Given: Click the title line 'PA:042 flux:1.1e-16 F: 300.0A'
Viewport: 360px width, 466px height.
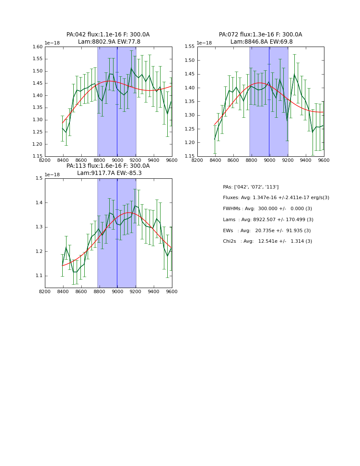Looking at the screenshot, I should (108, 35).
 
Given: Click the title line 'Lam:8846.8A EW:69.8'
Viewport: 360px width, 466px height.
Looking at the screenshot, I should (261, 42).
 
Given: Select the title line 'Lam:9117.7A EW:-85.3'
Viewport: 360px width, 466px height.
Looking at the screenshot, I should (109, 173).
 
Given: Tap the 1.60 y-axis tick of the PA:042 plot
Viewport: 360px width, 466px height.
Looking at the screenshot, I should (38, 47).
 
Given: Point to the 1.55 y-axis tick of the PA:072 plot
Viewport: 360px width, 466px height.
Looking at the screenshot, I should (190, 47).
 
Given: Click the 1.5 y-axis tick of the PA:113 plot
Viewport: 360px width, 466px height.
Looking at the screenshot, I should (39, 178).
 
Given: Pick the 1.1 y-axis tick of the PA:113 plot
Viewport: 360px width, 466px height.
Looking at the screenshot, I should (39, 276).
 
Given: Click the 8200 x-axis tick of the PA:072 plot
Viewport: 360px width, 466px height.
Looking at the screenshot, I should (197, 160).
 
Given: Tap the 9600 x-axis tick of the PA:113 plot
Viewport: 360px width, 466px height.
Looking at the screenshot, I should (172, 291).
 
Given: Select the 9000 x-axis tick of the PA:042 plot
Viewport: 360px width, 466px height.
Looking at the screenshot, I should (117, 160).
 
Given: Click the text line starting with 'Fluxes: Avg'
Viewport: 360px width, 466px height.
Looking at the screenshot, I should (276, 198).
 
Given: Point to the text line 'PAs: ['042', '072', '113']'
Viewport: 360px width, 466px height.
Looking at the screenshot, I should (251, 187).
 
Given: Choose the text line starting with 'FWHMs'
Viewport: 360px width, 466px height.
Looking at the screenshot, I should (267, 209).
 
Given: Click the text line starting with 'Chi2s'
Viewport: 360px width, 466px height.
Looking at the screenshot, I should (267, 241).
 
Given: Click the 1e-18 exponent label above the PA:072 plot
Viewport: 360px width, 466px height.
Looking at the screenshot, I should (204, 43).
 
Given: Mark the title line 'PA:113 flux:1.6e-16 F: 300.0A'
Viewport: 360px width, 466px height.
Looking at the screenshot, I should (108, 166).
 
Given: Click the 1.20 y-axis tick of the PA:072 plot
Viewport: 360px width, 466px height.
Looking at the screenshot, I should (190, 143).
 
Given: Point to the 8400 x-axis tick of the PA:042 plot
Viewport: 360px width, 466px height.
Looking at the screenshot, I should (63, 160).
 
